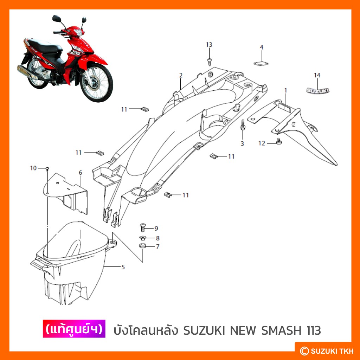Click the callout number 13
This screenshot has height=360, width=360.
(209, 45)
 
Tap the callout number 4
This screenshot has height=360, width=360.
(261, 47)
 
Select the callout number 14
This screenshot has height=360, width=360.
(317, 75)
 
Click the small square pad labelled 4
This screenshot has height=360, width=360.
(261, 63)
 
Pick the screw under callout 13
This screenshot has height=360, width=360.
(209, 61)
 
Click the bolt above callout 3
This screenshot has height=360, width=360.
(243, 125)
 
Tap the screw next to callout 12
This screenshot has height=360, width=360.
(279, 141)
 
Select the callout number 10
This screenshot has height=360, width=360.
(33, 168)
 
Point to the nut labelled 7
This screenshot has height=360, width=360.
(143, 246)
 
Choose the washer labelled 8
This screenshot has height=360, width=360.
(142, 237)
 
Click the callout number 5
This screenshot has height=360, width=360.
(123, 267)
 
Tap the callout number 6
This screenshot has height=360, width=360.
(81, 172)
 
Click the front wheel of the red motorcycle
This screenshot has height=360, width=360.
(97, 83)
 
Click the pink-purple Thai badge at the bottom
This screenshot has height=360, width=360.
(74, 329)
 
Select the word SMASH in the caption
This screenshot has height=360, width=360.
(281, 330)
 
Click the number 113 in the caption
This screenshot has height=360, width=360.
(313, 330)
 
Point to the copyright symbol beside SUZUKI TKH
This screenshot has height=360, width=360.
(304, 351)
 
